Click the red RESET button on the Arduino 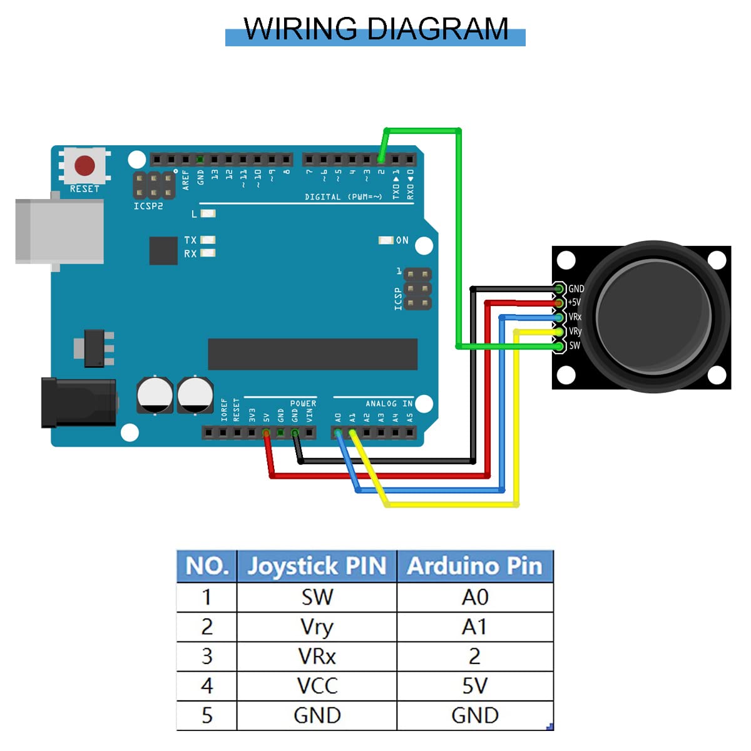pyautogui.click(x=84, y=166)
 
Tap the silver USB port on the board pyautogui.click(x=59, y=232)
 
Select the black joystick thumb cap pyautogui.click(x=653, y=316)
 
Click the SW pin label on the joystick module pyautogui.click(x=575, y=345)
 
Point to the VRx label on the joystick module pyautogui.click(x=575, y=317)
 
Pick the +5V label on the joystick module pyautogui.click(x=574, y=302)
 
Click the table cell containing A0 pyautogui.click(x=474, y=598)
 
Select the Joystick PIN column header pyautogui.click(x=317, y=566)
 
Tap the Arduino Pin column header pyautogui.click(x=474, y=566)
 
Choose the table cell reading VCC pyautogui.click(x=317, y=686)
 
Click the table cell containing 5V pyautogui.click(x=474, y=686)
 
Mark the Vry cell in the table pyautogui.click(x=317, y=627)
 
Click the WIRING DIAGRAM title pyautogui.click(x=375, y=29)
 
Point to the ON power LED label pyautogui.click(x=402, y=240)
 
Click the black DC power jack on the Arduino pyautogui.click(x=79, y=402)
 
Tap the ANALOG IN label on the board pyautogui.click(x=389, y=404)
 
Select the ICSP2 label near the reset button pyautogui.click(x=148, y=206)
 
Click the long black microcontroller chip pyautogui.click(x=312, y=354)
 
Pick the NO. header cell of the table pyautogui.click(x=207, y=566)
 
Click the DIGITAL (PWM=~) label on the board pyautogui.click(x=343, y=197)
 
